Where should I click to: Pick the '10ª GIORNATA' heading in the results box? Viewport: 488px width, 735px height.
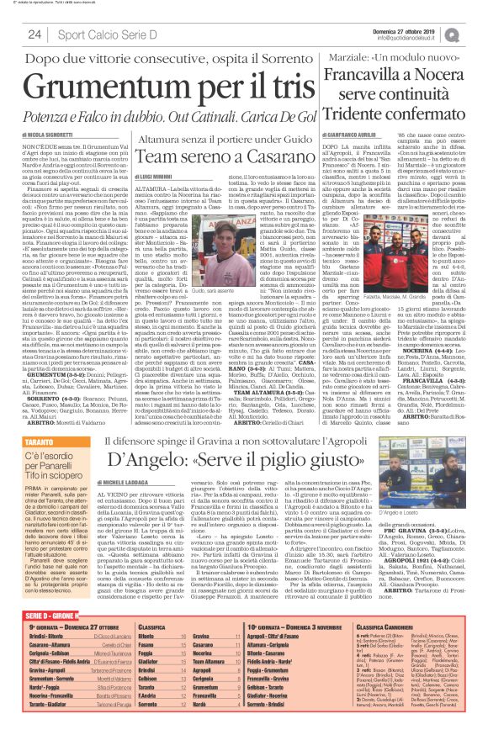pos(269,627)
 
